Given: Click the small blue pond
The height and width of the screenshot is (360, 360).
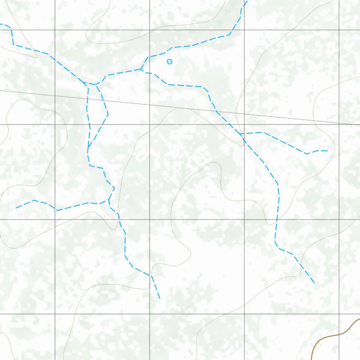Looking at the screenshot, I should [169, 62].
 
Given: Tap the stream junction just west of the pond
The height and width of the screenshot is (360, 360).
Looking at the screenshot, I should [141, 69].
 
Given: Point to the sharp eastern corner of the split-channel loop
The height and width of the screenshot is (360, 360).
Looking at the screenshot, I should [108, 114].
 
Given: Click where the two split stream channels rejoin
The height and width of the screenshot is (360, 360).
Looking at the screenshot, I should [88, 147].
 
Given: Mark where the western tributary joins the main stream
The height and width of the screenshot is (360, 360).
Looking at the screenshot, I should [109, 200].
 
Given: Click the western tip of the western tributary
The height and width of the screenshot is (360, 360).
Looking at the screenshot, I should [16, 208].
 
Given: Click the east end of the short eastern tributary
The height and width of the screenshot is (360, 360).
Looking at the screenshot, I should [327, 151].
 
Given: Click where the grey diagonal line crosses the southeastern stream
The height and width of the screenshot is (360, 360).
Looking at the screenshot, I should [217, 111].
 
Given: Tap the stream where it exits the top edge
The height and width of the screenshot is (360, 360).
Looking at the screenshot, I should [246, 1].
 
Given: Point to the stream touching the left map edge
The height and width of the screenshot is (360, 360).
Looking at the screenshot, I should [1, 24].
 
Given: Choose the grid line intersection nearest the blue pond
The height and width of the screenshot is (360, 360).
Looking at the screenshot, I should [150, 30].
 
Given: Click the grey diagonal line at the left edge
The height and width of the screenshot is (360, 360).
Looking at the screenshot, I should [1, 90].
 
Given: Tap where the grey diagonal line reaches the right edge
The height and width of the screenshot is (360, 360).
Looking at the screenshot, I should [359, 124].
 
